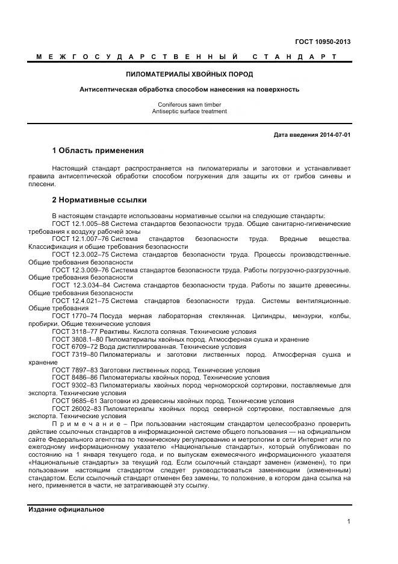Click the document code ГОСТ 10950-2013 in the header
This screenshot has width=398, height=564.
[323, 42]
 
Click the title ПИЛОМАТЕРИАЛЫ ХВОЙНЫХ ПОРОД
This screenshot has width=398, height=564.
[189, 74]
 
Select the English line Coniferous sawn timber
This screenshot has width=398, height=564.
[189, 104]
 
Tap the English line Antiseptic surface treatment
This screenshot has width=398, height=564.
[189, 111]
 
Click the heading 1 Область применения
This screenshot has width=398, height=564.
[98, 150]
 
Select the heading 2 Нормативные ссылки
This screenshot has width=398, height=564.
[99, 199]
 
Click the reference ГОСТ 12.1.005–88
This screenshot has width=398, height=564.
[81, 224]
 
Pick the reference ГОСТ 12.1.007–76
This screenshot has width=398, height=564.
[81, 239]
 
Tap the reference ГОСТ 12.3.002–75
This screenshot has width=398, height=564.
[81, 255]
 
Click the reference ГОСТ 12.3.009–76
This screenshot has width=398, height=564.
[81, 270]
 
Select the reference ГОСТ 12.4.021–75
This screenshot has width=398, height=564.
[81, 301]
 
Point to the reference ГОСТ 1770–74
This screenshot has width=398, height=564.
[74, 316]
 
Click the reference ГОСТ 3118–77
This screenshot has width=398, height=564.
[74, 331]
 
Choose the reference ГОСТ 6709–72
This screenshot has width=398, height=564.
[74, 347]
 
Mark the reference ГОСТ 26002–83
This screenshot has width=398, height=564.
[76, 409]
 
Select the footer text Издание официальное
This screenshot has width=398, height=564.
[66, 509]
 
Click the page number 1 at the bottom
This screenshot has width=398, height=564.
[349, 522]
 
